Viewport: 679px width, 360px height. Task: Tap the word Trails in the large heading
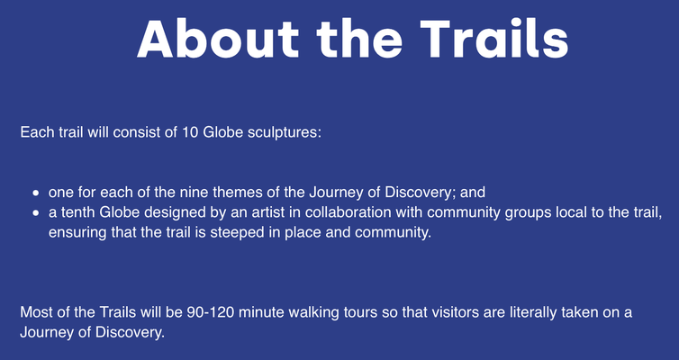click(x=494, y=38)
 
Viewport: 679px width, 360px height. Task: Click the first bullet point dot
click(x=36, y=193)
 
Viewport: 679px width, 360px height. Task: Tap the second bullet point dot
click(x=36, y=213)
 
